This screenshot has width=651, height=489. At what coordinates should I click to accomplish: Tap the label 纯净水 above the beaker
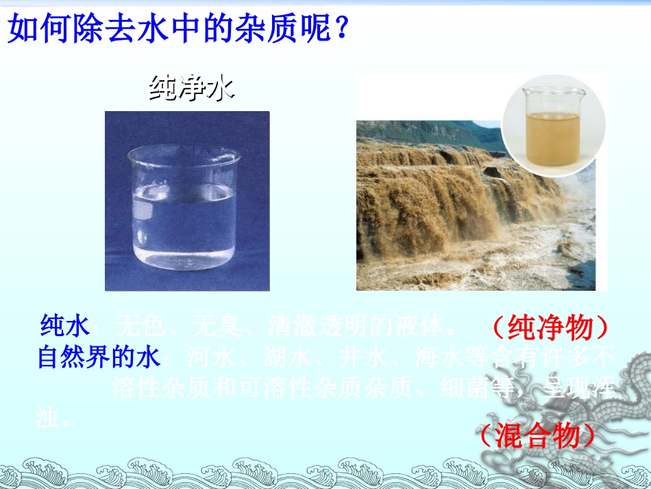coord(192,88)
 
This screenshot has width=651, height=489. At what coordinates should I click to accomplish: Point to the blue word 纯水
coord(66,326)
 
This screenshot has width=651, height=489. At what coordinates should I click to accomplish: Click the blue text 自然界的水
coord(99,357)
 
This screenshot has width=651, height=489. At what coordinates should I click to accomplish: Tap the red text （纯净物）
coord(550,328)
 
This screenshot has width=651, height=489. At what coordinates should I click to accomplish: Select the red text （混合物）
coord(537,436)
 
